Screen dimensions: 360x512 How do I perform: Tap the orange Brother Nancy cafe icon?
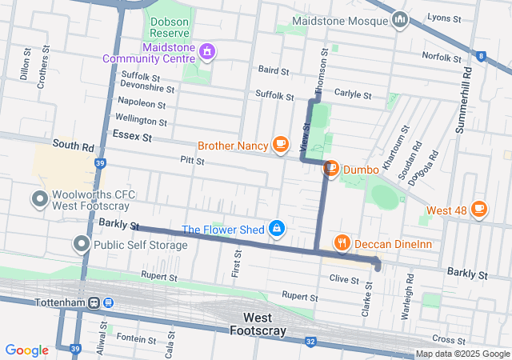point(280,145)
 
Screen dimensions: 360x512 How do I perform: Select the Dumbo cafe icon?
point(330,169)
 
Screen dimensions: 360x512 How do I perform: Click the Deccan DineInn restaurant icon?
point(342,242)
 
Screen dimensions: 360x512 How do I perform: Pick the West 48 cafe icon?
point(478,210)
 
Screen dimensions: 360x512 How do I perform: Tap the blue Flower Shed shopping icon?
point(276,230)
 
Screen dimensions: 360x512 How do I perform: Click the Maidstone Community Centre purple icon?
point(207,53)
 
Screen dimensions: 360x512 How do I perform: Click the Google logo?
point(26,350)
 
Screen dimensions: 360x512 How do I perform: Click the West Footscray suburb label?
point(258,324)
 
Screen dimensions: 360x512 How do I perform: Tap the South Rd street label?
point(73,146)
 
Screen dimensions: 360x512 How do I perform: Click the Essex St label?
point(132,136)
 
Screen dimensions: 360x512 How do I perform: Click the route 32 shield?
point(310,342)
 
